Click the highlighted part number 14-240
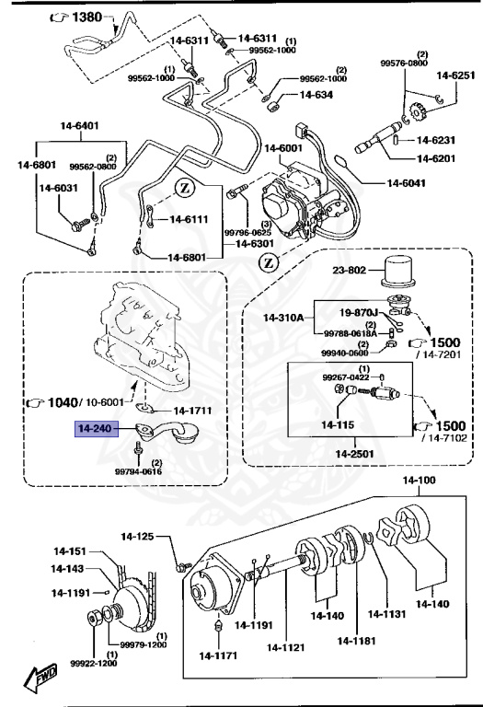coord(97,428)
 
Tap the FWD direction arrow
coord(40,680)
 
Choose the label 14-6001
coord(283,148)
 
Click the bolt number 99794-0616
coord(139,470)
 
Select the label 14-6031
coord(58,189)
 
